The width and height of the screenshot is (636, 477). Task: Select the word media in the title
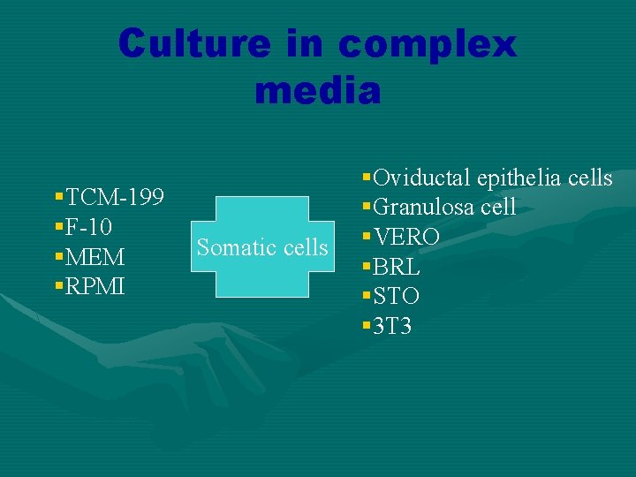[x=318, y=90]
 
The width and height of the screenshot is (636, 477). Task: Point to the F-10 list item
[x=88, y=227]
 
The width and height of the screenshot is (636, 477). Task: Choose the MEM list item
[x=95, y=257]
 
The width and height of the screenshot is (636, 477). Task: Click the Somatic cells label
[x=262, y=247]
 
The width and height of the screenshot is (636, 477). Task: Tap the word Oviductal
[x=420, y=178]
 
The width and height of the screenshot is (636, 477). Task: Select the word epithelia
[x=518, y=178]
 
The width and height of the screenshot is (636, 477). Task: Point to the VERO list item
[x=406, y=238]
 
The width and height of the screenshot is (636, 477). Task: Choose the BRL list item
[x=397, y=268]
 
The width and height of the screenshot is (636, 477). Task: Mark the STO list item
[x=397, y=297]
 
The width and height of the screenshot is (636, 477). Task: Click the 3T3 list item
[x=392, y=327]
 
